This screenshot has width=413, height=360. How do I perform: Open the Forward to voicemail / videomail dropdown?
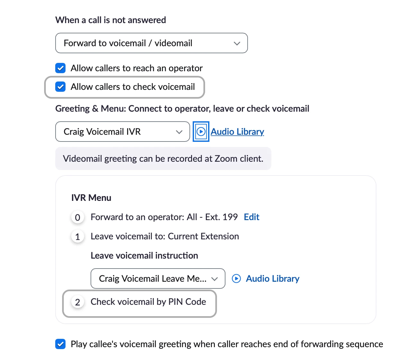(x=151, y=43)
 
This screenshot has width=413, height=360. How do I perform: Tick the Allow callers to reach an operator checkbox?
(x=60, y=68)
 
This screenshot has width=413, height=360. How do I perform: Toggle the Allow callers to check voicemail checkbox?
(x=60, y=87)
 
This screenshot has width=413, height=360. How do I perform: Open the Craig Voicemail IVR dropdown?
(x=123, y=132)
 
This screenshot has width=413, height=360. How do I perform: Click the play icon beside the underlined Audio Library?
(x=201, y=132)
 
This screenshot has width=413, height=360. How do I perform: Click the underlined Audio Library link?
(x=237, y=132)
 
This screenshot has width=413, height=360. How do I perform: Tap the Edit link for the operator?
(x=251, y=217)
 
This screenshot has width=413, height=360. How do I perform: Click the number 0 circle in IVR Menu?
(x=77, y=218)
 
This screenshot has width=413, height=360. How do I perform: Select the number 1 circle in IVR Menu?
(x=77, y=236)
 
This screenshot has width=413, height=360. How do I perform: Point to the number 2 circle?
(x=77, y=302)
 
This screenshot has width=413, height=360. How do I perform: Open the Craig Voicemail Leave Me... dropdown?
(x=158, y=279)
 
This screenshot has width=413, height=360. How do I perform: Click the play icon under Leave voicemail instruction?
(x=236, y=279)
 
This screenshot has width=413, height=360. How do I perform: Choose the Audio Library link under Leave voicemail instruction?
(x=273, y=279)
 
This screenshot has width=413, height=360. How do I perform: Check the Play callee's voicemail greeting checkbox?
(x=60, y=344)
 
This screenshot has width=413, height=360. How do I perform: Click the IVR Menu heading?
(x=91, y=198)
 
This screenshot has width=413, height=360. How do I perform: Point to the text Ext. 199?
(x=222, y=217)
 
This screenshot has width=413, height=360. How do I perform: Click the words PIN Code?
(x=187, y=302)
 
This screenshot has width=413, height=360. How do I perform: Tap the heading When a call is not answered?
(x=110, y=20)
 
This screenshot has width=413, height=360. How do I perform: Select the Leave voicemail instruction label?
(x=144, y=255)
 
